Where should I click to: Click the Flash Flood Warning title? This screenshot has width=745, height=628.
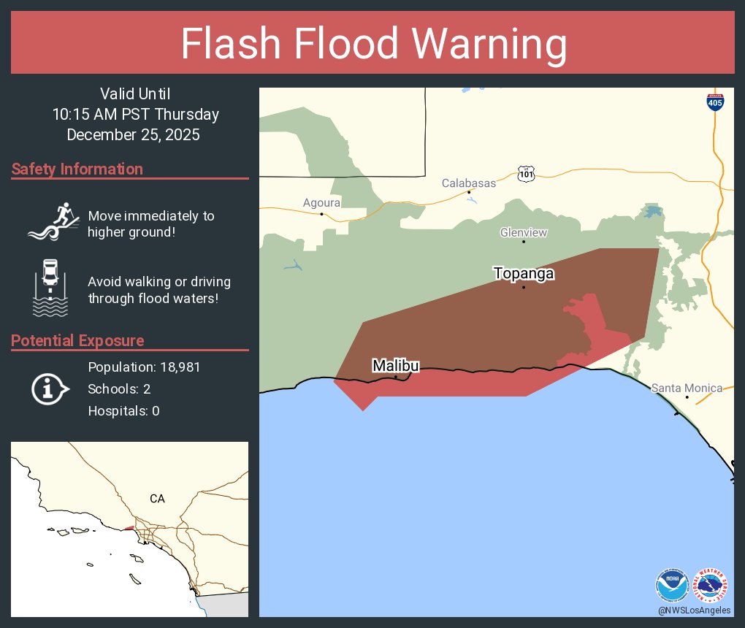[373, 44]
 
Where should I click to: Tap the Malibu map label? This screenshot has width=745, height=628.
[395, 365]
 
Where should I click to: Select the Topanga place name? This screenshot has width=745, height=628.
[523, 274]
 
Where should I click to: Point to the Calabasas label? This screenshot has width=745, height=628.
[468, 183]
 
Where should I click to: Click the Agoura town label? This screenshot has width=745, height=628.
[322, 203]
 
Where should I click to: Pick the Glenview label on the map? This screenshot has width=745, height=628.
[523, 232]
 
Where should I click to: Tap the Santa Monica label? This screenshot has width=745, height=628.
[687, 388]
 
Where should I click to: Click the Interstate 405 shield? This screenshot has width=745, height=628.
[716, 102]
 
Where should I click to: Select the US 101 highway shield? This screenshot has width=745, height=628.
[527, 174]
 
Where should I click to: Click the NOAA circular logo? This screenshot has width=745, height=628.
[672, 585]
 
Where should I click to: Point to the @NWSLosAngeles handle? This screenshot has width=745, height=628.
[694, 610]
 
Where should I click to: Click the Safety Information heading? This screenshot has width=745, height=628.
[77, 169]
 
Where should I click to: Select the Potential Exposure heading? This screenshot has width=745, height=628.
[77, 341]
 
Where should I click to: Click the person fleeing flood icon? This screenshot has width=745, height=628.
[53, 221]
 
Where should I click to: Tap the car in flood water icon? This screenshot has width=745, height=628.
[50, 287]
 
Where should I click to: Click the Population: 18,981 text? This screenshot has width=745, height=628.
[144, 367]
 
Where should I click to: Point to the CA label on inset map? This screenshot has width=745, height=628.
[157, 499]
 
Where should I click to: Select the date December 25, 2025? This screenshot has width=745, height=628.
[133, 134]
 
